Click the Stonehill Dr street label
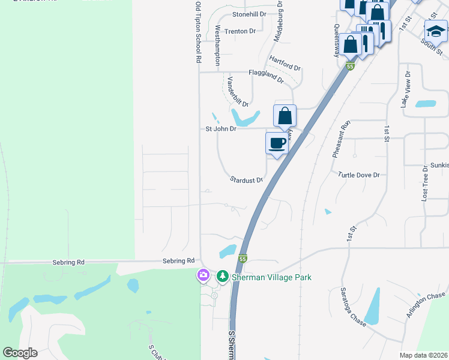[249, 14]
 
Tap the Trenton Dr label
[240, 31]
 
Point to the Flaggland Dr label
[266, 73]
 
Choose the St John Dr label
[221, 128]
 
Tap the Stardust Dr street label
[247, 179]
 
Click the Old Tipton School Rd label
[197, 32]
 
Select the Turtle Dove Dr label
[359, 175]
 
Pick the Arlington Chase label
[426, 305]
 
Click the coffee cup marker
[277, 143]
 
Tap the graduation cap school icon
[436, 31]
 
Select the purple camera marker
[203, 275]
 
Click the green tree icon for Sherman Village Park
[223, 275]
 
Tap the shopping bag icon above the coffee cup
[285, 116]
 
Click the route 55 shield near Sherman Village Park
[243, 259]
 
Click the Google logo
[20, 353]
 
